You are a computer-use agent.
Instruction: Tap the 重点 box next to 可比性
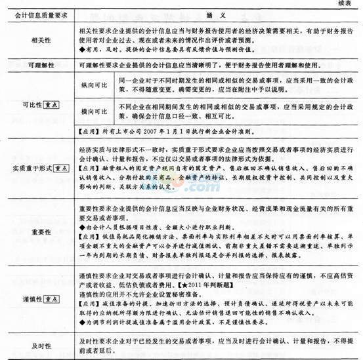click(49, 105)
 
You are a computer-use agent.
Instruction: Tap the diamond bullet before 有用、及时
click(81, 49)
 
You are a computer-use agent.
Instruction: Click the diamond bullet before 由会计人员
click(81, 224)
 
